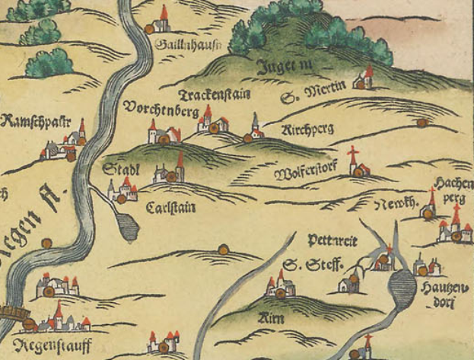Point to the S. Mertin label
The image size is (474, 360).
click(x=313, y=94)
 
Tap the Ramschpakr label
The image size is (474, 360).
click(x=36, y=121)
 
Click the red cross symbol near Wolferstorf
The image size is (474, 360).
click(x=353, y=155)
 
